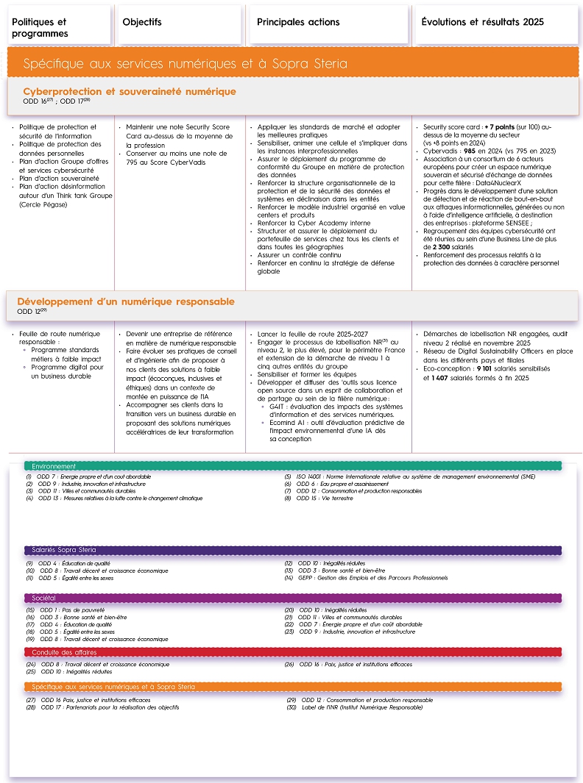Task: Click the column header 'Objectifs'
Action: tap(142, 22)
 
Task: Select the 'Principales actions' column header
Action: tap(298, 22)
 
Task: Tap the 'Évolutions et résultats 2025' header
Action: tap(482, 22)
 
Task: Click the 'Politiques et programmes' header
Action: tap(40, 27)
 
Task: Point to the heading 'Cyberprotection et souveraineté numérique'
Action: tap(130, 91)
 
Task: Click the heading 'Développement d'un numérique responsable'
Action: tap(126, 301)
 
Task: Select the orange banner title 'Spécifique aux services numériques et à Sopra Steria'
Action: tap(185, 64)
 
